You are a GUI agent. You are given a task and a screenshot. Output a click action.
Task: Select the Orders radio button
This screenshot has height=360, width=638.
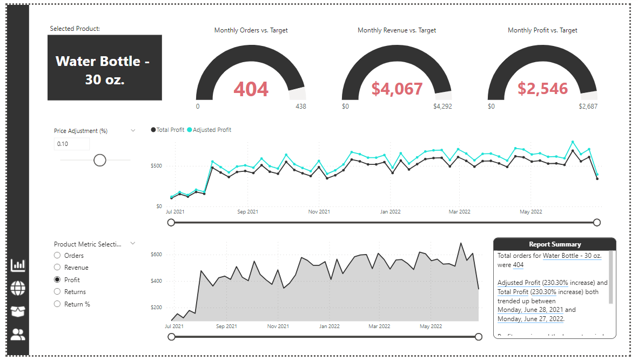[57, 256]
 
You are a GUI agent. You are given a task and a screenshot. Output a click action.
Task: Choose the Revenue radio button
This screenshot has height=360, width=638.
[57, 268]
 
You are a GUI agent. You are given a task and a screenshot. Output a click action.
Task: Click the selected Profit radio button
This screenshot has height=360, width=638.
[57, 280]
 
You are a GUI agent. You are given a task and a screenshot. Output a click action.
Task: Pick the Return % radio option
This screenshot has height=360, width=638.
[57, 304]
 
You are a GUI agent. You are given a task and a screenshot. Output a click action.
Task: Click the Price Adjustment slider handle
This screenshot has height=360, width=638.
[100, 160]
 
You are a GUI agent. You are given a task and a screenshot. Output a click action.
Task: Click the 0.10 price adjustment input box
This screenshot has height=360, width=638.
[72, 144]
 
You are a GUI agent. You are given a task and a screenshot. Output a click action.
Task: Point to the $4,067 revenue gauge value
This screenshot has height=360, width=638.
[397, 89]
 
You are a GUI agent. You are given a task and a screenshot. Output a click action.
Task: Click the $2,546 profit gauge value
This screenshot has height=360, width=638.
[542, 89]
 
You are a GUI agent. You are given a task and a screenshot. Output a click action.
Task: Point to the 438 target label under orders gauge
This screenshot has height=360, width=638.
[300, 106]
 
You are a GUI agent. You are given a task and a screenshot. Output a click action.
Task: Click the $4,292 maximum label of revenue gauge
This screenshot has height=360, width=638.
[442, 106]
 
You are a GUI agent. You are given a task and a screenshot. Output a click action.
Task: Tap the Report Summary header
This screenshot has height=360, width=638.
[554, 244]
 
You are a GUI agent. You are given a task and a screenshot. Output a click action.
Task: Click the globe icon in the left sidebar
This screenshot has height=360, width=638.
[18, 289]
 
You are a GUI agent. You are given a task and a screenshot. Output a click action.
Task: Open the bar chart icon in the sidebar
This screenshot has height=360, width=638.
[18, 265]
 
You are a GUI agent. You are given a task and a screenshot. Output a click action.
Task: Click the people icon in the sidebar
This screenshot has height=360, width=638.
[18, 335]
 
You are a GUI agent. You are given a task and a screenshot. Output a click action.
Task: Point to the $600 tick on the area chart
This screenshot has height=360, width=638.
[156, 255]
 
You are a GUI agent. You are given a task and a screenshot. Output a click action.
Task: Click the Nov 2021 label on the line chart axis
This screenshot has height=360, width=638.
[319, 212]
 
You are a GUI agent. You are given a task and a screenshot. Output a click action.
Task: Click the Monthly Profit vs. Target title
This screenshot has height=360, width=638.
[542, 30]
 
